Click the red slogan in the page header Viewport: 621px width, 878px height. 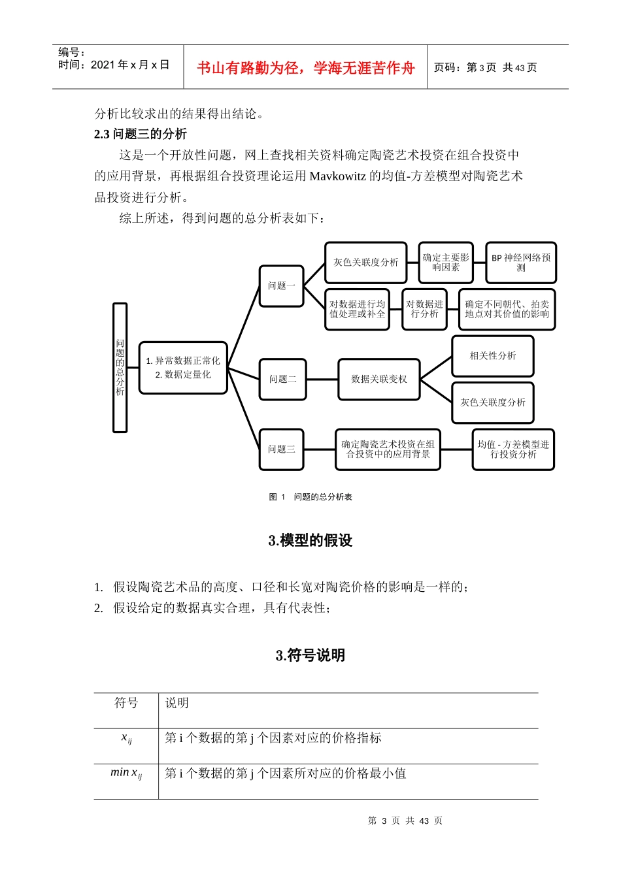click(x=305, y=68)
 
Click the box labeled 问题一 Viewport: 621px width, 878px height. click(x=282, y=285)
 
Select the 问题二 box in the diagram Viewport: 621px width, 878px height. click(x=282, y=379)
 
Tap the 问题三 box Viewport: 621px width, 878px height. click(x=282, y=449)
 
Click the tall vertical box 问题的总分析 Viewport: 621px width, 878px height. click(x=120, y=367)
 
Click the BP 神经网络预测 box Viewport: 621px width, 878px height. click(x=520, y=263)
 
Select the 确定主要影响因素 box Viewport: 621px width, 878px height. click(x=446, y=263)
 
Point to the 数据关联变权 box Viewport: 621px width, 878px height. click(x=378, y=379)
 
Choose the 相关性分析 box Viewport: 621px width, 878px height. click(x=492, y=356)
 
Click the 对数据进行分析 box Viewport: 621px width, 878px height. click(x=424, y=309)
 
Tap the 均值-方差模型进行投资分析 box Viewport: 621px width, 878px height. click(x=513, y=449)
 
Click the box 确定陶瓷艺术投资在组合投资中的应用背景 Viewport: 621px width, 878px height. click(x=388, y=449)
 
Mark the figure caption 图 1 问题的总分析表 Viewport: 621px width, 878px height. click(x=310, y=497)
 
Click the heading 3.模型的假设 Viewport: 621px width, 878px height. click(x=310, y=540)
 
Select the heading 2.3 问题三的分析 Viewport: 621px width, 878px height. click(x=141, y=134)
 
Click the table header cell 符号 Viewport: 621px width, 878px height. click(x=126, y=703)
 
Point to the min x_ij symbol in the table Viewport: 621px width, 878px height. click(x=126, y=773)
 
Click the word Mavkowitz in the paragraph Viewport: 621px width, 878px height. click(x=337, y=176)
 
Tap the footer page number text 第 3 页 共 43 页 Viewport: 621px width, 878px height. click(x=405, y=821)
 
